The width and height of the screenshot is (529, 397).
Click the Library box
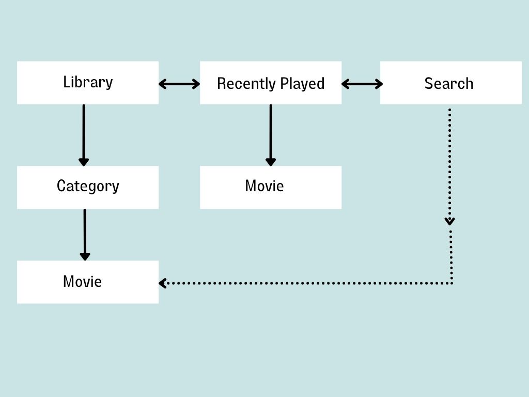pos(88,83)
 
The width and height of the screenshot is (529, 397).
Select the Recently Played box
pos(271,83)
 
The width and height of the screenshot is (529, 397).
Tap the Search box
pos(450,83)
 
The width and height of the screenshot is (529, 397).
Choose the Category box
pos(88,187)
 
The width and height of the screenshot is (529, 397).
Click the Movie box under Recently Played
pos(271,187)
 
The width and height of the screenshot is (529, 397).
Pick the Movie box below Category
pos(88,282)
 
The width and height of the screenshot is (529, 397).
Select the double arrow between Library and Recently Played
pos(179,84)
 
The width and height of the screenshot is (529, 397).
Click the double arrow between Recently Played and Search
pos(362,84)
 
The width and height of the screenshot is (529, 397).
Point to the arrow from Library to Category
pos(84,134)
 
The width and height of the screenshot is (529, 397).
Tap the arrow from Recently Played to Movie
pos(270,134)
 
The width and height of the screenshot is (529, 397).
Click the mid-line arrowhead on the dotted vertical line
pos(450,221)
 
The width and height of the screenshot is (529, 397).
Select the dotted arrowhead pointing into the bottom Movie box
pos(162,283)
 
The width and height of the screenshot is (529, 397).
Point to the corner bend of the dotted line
pos(452,283)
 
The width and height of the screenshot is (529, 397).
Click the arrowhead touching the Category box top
pos(84,162)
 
